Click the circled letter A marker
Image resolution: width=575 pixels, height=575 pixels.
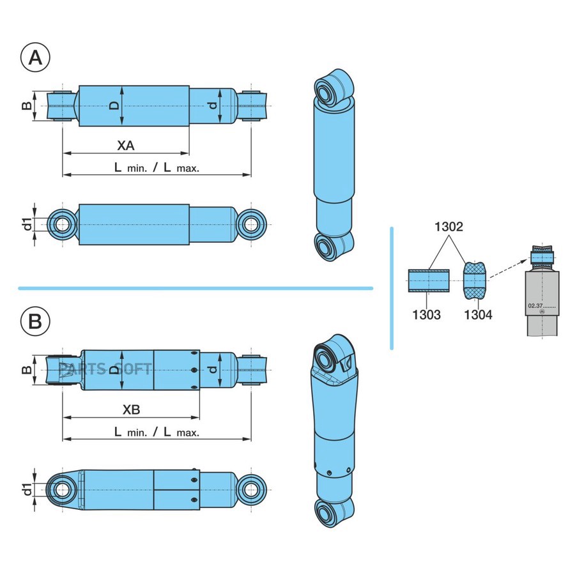(36, 57)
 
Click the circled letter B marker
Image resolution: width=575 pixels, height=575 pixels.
(36, 321)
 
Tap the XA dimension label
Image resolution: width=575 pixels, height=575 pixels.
(125, 146)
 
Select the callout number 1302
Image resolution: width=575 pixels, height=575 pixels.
(448, 227)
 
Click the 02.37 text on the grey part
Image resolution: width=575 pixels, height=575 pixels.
(535, 306)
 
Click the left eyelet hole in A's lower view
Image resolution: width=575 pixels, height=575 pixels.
(62, 224)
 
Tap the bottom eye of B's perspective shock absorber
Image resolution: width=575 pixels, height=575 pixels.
(328, 513)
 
